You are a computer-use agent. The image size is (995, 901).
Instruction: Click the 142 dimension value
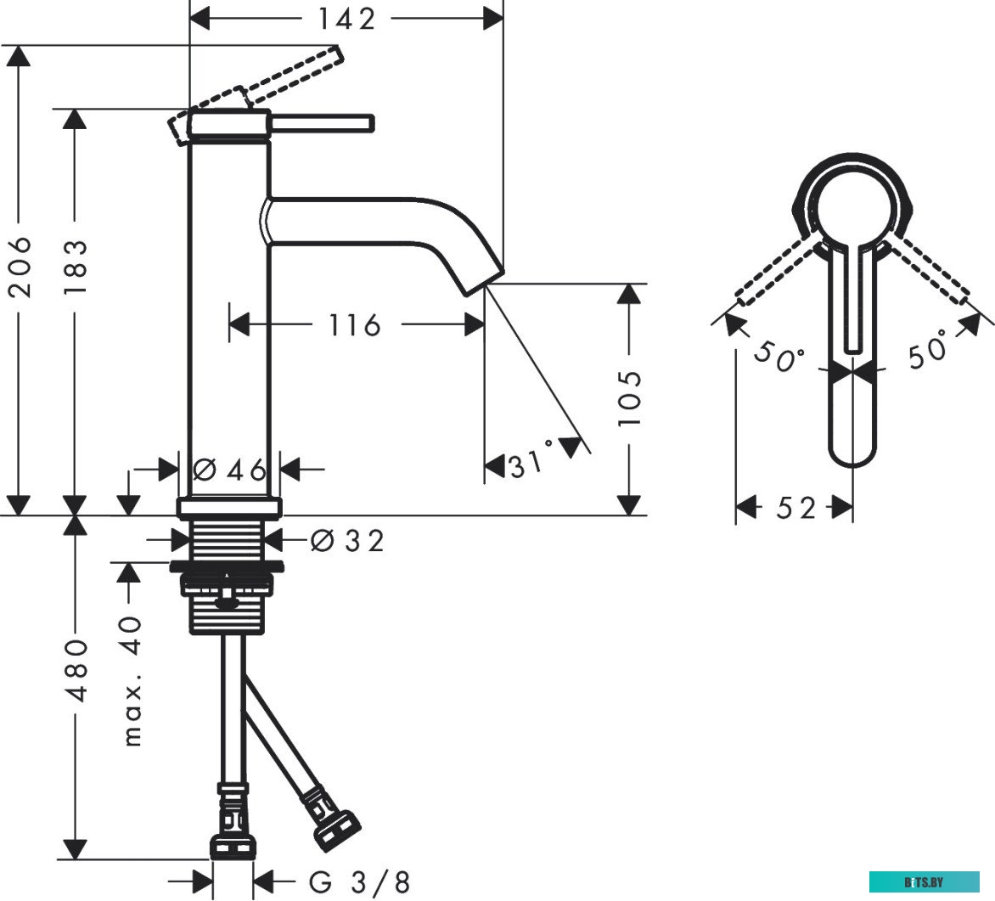click(346, 19)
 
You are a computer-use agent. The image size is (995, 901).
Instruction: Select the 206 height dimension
click(22, 267)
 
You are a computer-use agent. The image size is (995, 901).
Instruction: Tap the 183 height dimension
click(76, 266)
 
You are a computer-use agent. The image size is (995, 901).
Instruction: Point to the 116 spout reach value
click(354, 325)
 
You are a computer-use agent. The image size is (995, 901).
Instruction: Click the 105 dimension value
click(629, 398)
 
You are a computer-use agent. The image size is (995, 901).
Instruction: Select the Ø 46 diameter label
click(230, 470)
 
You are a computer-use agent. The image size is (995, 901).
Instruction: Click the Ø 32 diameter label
click(347, 541)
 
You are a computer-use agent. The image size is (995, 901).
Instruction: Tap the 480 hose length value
click(76, 671)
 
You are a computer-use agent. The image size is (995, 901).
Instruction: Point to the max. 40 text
click(132, 681)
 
